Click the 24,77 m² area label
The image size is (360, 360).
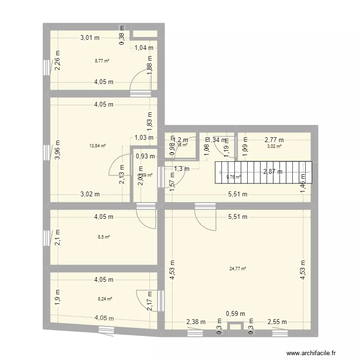[x=238, y=269]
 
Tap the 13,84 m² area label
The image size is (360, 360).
[x=97, y=146]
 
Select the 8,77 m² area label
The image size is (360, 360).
[x=102, y=61]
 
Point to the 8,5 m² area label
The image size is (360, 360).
[x=103, y=237]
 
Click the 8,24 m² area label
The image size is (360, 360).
[x=105, y=299]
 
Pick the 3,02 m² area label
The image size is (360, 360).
[x=274, y=146]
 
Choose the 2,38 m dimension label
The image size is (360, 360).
[x=196, y=322]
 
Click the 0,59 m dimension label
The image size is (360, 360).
[x=236, y=313]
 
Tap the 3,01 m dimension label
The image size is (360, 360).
[x=90, y=37]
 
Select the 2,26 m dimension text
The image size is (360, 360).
[x=57, y=64]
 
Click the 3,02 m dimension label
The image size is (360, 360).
[x=90, y=194]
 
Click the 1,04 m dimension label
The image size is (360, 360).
[x=144, y=47]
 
